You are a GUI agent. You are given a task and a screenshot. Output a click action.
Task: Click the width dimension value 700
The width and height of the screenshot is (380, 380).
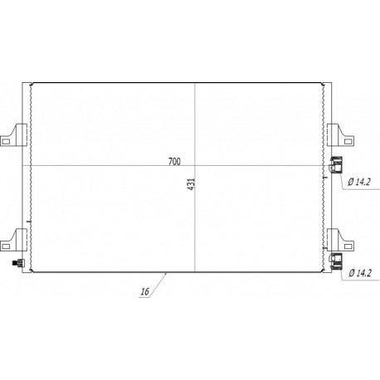point(174,161)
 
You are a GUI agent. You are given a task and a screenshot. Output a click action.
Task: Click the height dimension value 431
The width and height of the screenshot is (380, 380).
point(192,184)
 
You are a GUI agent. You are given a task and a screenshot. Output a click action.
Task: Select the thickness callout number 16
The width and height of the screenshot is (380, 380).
point(145,291)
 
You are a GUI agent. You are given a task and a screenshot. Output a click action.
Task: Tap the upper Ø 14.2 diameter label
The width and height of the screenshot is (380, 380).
point(359,182)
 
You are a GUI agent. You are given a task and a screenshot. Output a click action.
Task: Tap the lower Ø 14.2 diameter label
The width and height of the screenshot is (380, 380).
point(360,273)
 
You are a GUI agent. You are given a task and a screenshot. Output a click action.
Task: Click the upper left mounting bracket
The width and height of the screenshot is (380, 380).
point(14,134)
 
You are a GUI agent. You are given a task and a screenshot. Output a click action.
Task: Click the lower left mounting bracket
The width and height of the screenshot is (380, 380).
point(14,240)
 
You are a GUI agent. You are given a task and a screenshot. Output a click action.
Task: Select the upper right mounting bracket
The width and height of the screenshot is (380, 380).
point(340,135)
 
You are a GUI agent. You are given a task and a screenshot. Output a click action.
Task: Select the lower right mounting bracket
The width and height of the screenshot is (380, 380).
point(340,240)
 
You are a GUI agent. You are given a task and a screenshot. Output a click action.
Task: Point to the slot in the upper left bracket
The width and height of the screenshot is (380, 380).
point(6,142)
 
